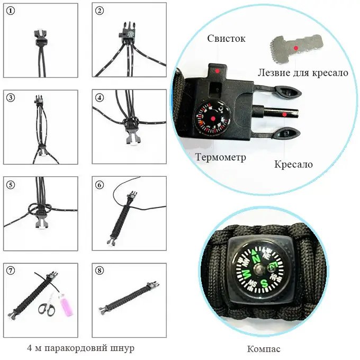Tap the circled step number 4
[x=100, y=98]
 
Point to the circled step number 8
[x=100, y=271]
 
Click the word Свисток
[x=226, y=39]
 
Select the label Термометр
[x=220, y=157]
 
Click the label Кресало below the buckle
[x=293, y=164]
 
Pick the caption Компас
[x=264, y=349]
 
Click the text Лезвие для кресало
[x=303, y=73]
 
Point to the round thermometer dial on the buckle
[x=212, y=119]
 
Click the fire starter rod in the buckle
[x=281, y=113]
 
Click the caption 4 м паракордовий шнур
[x=80, y=348]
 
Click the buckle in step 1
[x=40, y=35]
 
